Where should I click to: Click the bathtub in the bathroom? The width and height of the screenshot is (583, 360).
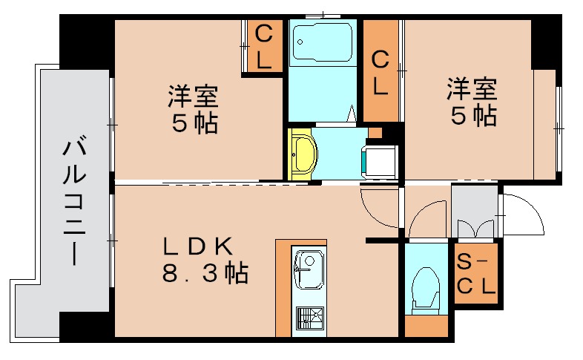(x=323, y=45)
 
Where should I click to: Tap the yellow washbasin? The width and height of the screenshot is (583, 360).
(x=303, y=153)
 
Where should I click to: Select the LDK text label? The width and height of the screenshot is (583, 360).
(x=199, y=247)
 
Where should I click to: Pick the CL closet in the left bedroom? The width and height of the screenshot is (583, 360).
(x=264, y=47)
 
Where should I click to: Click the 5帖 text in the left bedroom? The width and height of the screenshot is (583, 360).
(x=195, y=122)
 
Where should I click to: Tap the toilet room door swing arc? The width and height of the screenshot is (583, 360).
(x=426, y=219)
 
